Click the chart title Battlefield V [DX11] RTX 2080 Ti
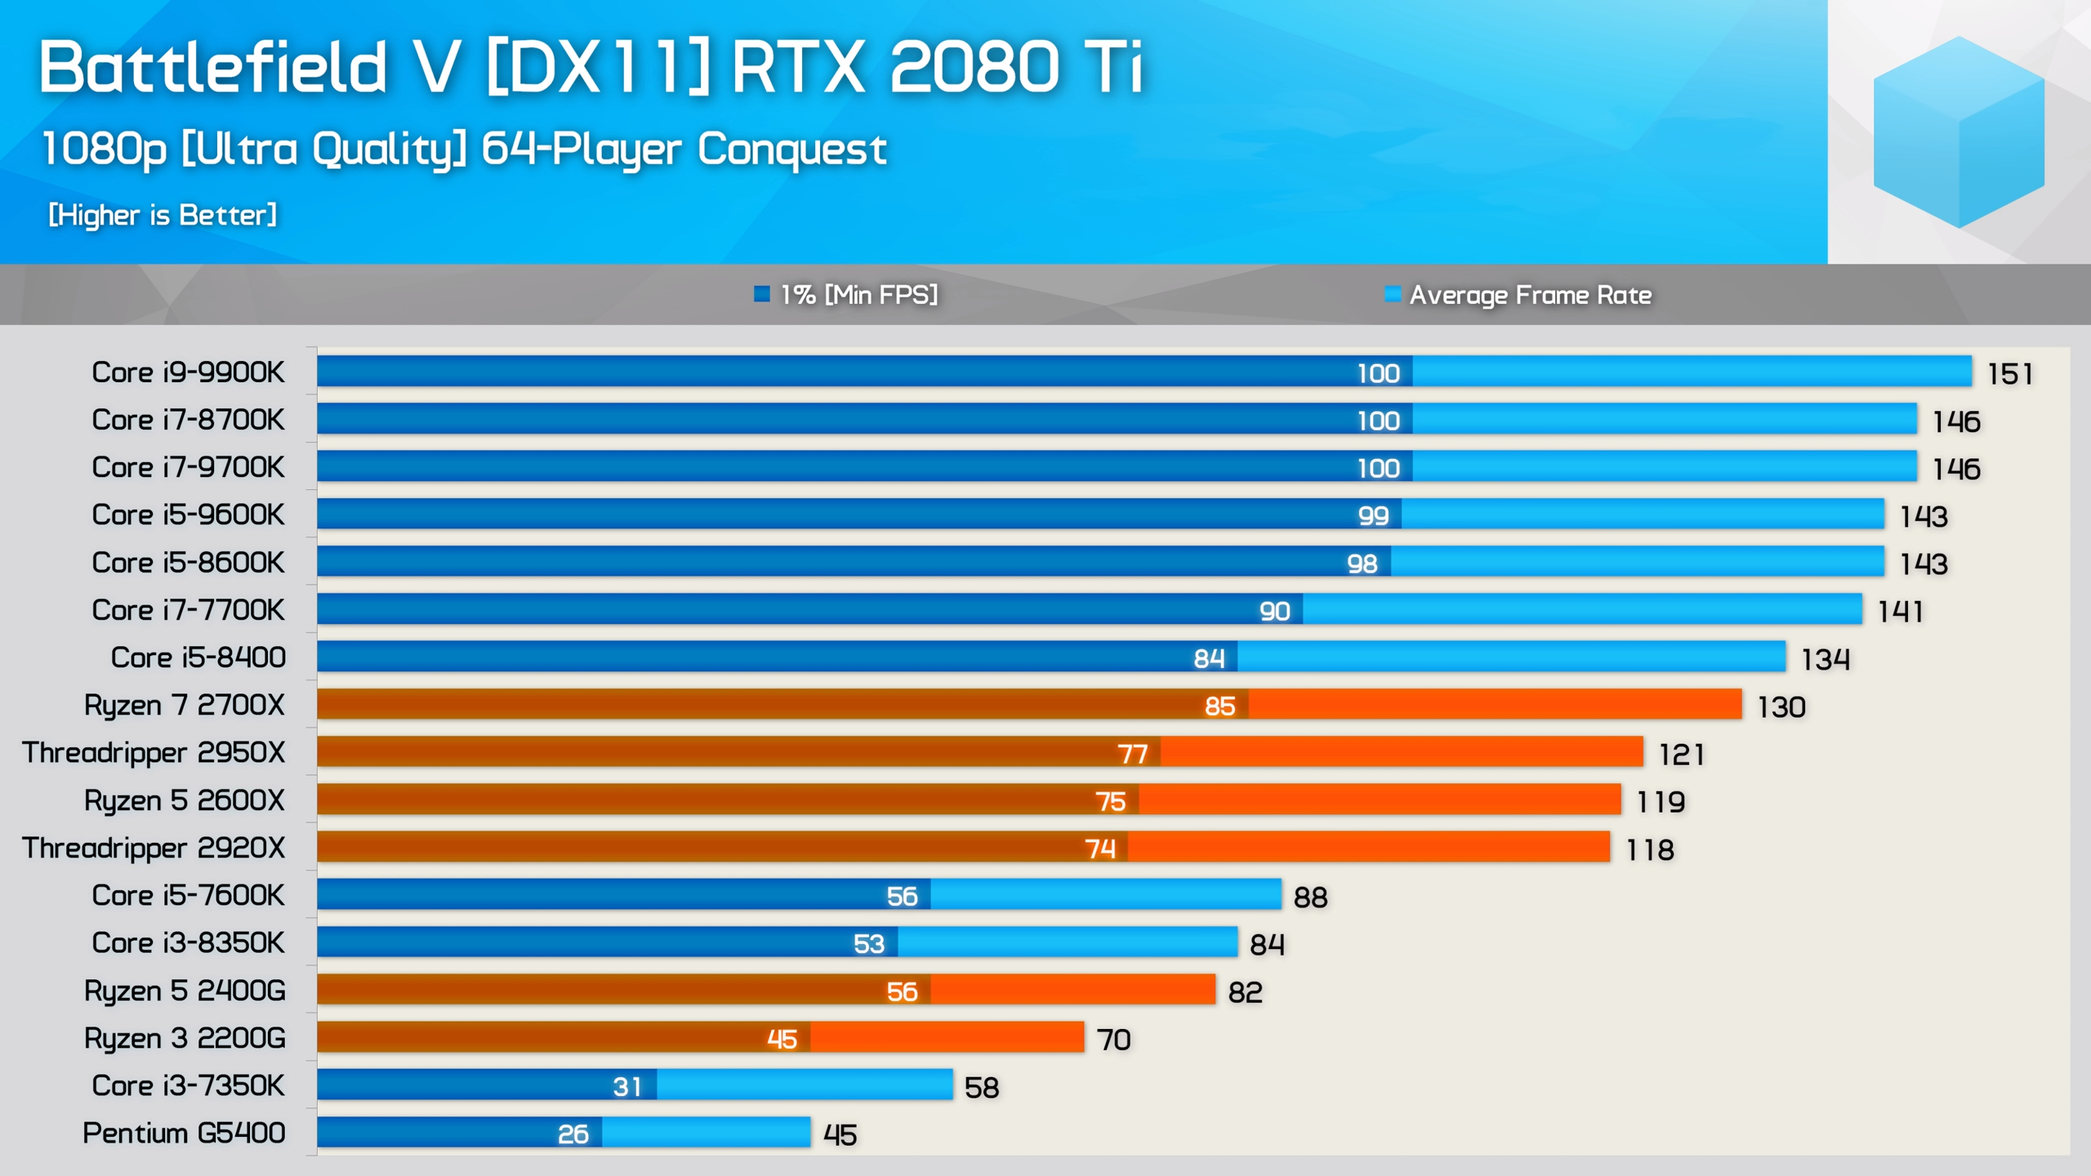[x=591, y=67]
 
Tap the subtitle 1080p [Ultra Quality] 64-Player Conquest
[x=464, y=149]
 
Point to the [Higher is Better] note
[x=163, y=215]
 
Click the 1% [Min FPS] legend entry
[x=846, y=294]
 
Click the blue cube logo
[x=1958, y=132]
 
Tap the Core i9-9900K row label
[x=188, y=372]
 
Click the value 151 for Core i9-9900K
[x=2009, y=374]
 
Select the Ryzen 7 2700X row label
[x=184, y=705]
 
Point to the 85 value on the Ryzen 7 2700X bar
[x=1219, y=706]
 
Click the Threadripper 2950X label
[x=154, y=752]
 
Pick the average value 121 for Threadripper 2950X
[x=1681, y=754]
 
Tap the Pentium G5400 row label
[x=184, y=1133]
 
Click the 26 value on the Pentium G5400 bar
[x=573, y=1134]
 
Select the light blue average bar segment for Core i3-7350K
[x=805, y=1085]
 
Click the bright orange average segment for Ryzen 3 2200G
[x=947, y=1038]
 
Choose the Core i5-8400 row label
[x=198, y=657]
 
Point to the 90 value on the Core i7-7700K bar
[x=1274, y=611]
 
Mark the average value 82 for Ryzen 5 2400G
[x=1245, y=992]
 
